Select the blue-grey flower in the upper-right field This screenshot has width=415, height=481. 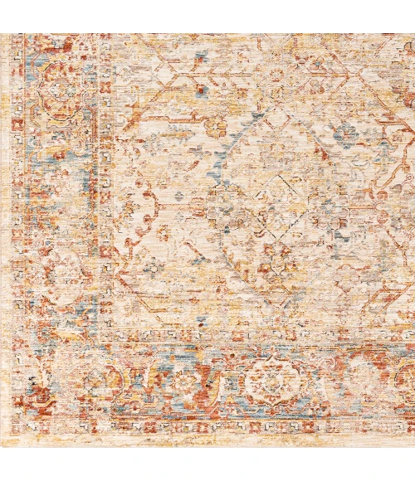345,133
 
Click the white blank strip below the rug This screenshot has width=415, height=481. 207,464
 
